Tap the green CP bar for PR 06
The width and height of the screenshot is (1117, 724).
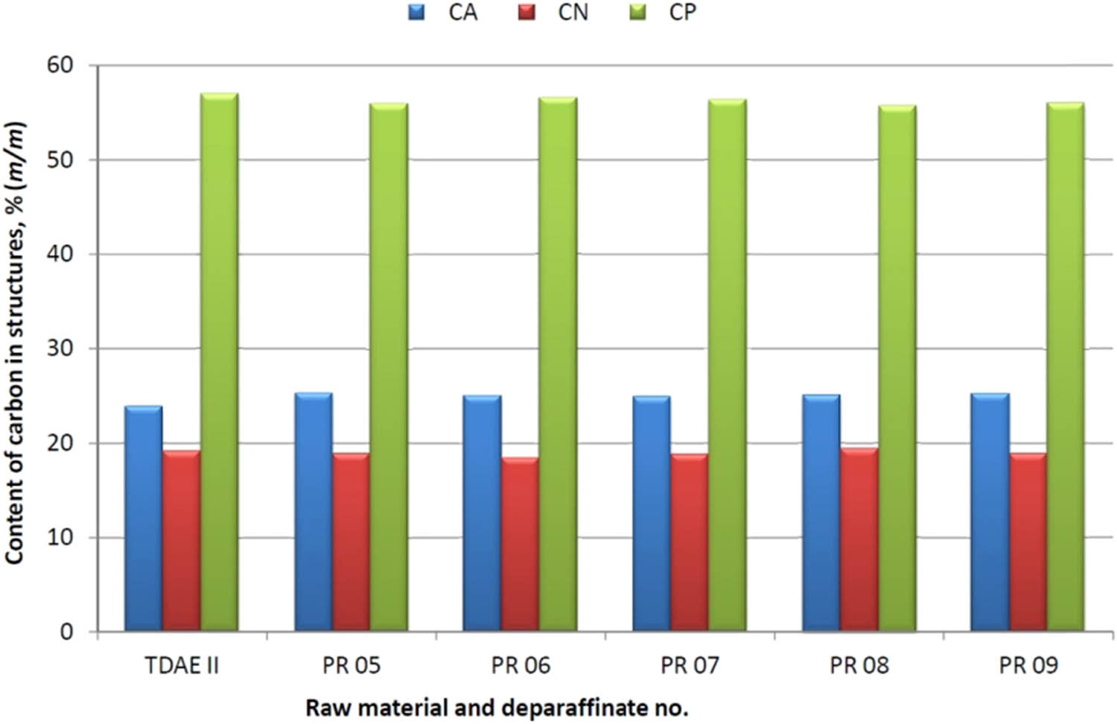tap(558, 365)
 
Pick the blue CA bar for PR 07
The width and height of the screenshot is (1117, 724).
tap(652, 514)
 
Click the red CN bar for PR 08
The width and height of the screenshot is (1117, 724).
tap(859, 540)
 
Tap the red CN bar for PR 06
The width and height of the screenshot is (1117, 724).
tap(520, 544)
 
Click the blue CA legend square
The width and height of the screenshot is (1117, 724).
tap(416, 12)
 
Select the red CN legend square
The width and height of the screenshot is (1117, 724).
tap(526, 12)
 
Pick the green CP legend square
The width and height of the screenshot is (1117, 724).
tap(637, 12)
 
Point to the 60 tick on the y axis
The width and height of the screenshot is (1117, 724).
tap(60, 65)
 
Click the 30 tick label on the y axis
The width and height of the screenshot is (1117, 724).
tap(60, 348)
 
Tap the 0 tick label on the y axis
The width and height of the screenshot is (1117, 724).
tap(67, 632)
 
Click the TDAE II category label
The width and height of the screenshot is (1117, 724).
tap(182, 665)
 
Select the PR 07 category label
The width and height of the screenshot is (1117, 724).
tap(690, 665)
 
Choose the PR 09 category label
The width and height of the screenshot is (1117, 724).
tap(1028, 665)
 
